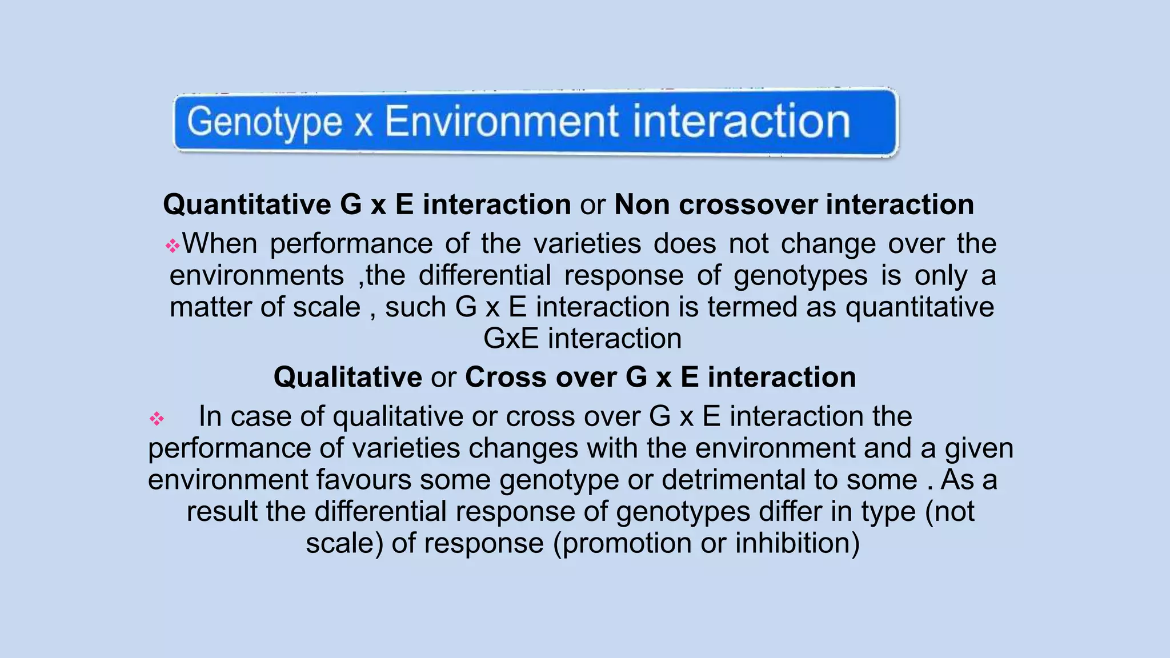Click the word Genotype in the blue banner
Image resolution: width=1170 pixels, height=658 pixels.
coord(265,123)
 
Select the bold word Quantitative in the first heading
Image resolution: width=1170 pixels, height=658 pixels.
coord(247,204)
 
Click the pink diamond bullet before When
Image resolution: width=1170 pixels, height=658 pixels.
coord(173,246)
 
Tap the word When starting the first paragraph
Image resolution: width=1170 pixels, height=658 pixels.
coord(220,243)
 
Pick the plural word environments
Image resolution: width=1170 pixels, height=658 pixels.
coord(257,275)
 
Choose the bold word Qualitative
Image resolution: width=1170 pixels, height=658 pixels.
coord(347,378)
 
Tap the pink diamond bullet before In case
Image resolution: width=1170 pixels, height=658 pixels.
coord(157,419)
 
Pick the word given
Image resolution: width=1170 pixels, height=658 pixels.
coord(979,449)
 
